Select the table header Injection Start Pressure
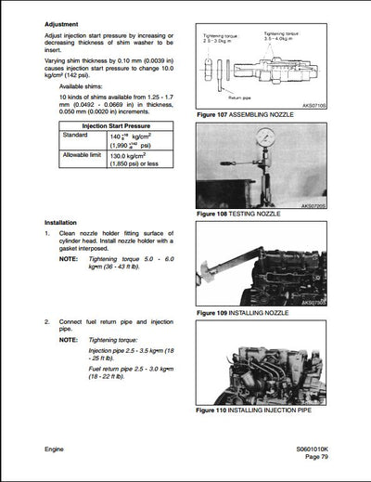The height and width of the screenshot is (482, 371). (109, 125)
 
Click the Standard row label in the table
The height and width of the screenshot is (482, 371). (75, 136)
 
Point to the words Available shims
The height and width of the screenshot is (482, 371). (87, 86)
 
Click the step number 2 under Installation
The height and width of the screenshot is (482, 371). (47, 320)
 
